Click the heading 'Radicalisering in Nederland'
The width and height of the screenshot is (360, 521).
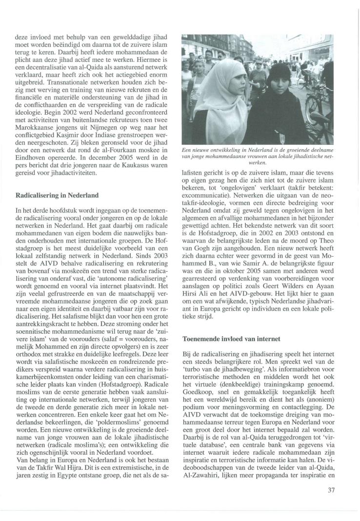[x=57, y=195]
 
